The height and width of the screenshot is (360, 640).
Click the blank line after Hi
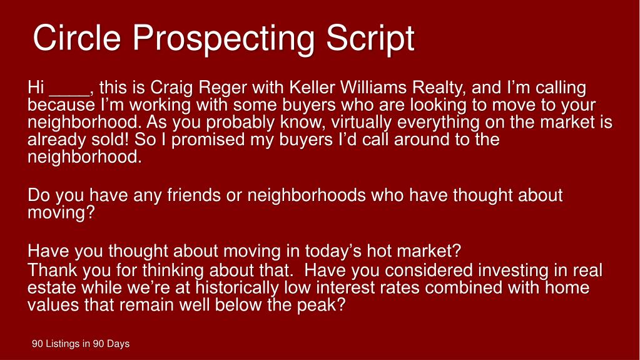coord(69,88)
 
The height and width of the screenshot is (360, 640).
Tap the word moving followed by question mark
coord(61,213)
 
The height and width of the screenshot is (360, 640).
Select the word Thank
coord(51,270)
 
